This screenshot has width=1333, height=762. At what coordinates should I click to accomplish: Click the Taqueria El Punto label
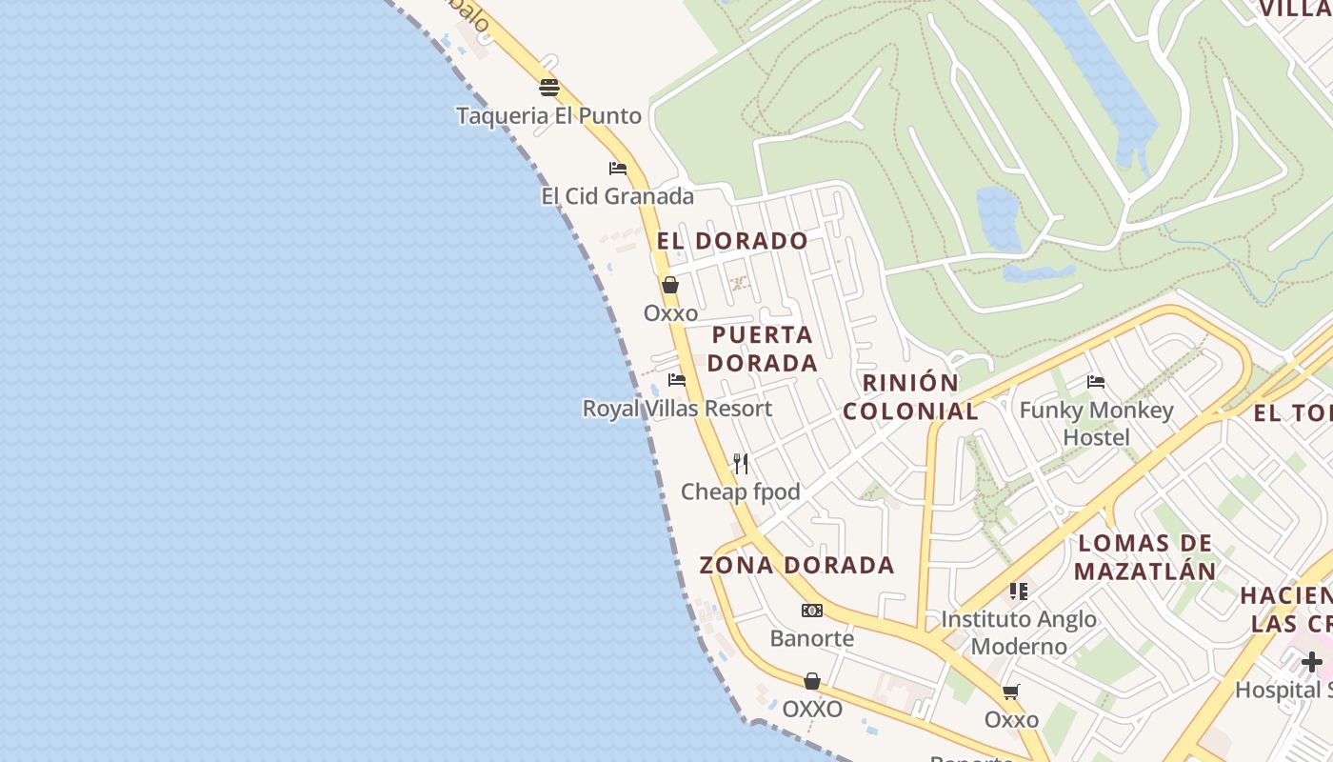[548, 116]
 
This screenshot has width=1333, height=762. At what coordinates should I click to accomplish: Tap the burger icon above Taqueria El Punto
[548, 88]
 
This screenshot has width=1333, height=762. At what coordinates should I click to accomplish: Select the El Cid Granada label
[617, 196]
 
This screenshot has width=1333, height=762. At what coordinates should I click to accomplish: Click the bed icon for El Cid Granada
[618, 169]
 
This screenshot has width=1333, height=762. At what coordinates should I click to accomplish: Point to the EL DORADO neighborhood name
[732, 241]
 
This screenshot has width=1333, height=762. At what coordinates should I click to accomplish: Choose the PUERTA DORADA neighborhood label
[763, 349]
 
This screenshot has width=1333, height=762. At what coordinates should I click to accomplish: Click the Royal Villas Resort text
[677, 409]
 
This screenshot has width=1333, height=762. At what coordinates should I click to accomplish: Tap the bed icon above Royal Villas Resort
[677, 380]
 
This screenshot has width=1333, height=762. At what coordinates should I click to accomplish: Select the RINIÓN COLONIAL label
[910, 397]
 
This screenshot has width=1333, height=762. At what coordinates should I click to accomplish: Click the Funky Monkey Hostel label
[1096, 424]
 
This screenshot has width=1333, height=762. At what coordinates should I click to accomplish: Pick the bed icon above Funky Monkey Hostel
[1096, 382]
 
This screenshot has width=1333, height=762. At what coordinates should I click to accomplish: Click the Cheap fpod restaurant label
[740, 492]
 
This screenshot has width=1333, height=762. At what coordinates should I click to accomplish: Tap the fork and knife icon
[741, 464]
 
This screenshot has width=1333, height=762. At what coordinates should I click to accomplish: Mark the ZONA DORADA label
[797, 565]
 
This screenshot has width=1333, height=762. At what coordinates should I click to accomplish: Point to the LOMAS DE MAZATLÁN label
[1144, 557]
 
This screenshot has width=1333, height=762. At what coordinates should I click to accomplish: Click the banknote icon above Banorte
[812, 611]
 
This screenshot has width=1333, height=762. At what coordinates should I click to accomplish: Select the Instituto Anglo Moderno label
[1019, 632]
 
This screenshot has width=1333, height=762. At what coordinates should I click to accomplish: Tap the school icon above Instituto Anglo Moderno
[1019, 592]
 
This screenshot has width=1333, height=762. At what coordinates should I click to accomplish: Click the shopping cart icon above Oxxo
[1011, 692]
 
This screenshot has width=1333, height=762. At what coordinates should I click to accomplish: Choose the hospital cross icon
[1312, 662]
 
